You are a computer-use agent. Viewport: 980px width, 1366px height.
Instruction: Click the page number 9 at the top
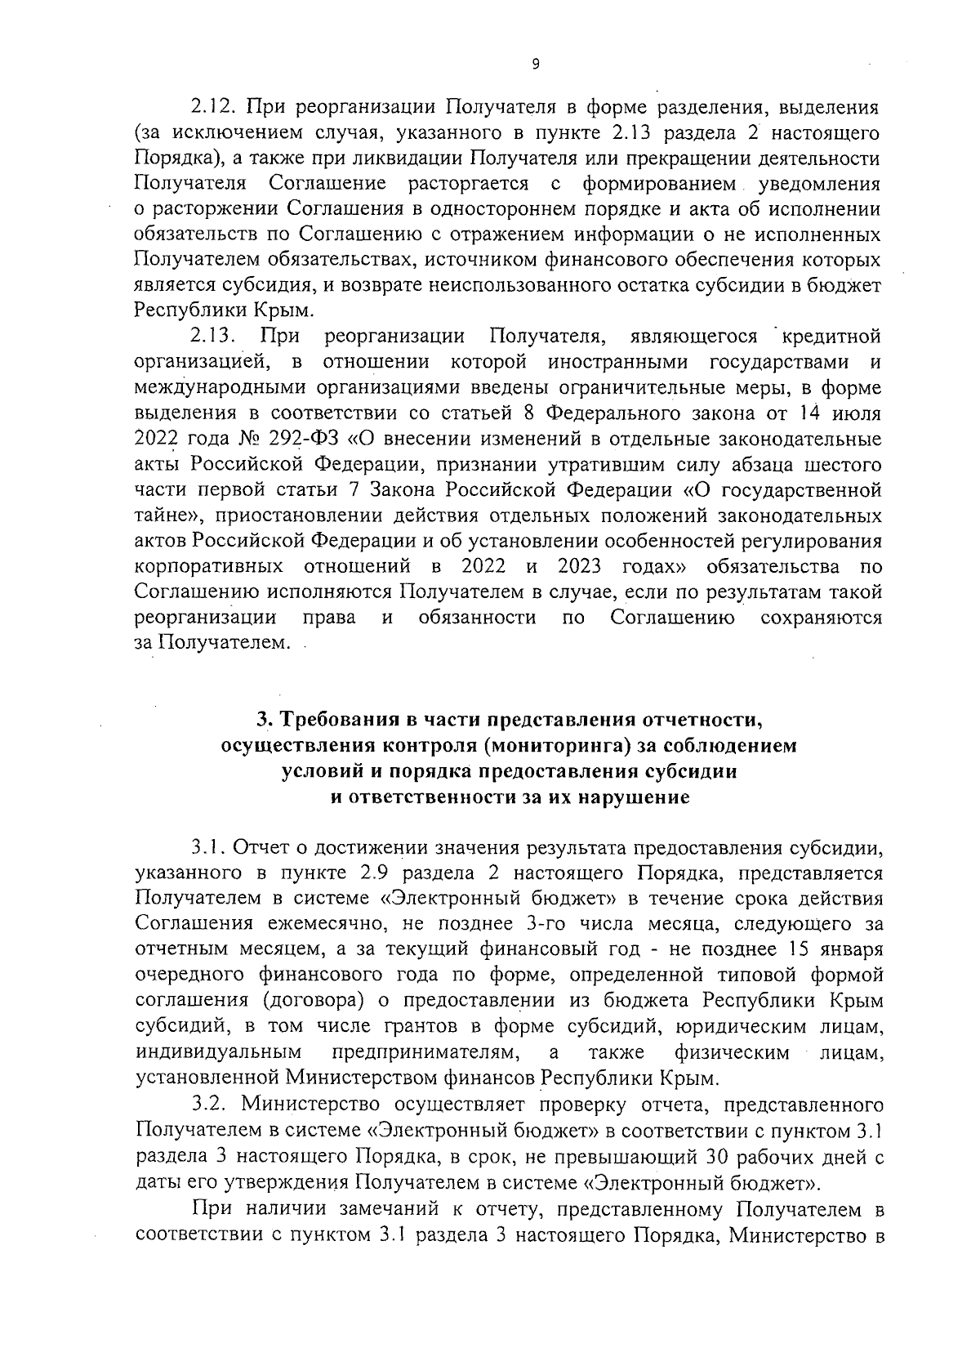pos(535,65)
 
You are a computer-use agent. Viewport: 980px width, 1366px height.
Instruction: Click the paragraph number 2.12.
pos(212,106)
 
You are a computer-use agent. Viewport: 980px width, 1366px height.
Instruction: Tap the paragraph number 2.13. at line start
pos(214,335)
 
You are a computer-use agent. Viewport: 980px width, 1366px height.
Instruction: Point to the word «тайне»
pos(167,516)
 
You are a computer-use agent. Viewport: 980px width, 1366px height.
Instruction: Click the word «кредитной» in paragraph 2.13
pos(831,335)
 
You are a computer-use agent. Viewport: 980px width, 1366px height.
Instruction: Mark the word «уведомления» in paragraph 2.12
pos(819,184)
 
